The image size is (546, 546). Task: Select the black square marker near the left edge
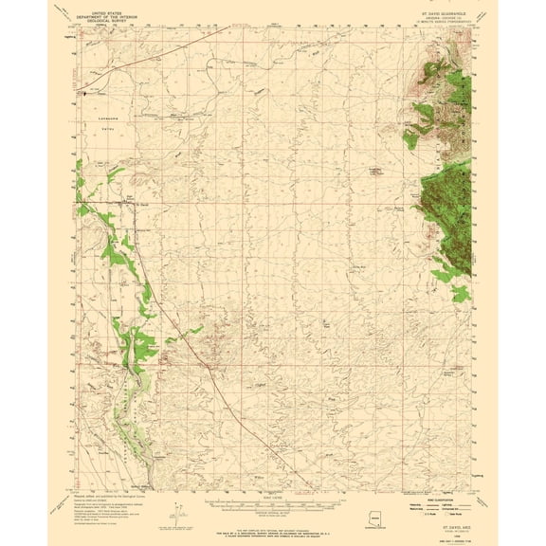tap(82, 93)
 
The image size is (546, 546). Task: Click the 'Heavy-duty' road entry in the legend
tap(417, 503)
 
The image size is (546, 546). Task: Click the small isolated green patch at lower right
tap(460, 295)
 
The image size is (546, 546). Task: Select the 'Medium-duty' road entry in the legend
tap(417, 509)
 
